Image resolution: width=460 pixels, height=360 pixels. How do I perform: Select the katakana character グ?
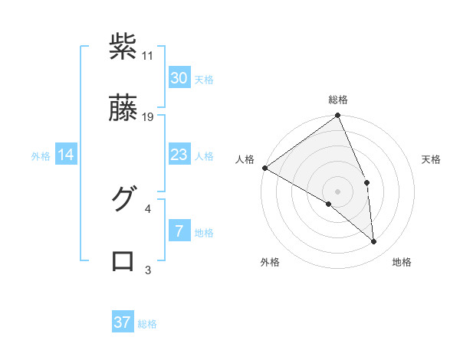tap(123, 198)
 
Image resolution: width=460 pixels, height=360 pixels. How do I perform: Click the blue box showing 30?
tap(179, 78)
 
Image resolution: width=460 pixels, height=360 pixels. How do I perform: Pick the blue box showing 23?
tap(179, 155)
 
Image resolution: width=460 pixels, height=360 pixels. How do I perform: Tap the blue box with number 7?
tap(179, 231)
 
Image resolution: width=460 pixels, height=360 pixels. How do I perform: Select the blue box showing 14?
tap(66, 155)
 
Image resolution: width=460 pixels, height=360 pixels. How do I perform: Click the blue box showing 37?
tap(123, 322)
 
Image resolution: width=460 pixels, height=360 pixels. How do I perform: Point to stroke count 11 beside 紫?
tap(148, 56)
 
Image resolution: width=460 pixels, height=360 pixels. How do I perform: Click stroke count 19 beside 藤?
tap(148, 117)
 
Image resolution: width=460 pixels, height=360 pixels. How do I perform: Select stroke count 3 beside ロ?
tap(148, 270)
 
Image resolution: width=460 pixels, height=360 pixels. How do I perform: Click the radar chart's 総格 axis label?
tap(338, 100)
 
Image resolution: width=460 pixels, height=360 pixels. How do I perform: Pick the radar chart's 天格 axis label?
tap(432, 159)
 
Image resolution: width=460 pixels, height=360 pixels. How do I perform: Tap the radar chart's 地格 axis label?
tap(402, 263)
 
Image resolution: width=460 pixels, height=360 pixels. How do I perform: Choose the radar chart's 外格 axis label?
tap(270, 263)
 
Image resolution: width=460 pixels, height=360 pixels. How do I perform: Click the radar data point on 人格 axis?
tap(264, 168)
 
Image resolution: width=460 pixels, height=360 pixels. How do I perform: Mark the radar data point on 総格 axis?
tap(338, 116)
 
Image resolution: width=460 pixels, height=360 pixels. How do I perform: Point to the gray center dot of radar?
tap(338, 191)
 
